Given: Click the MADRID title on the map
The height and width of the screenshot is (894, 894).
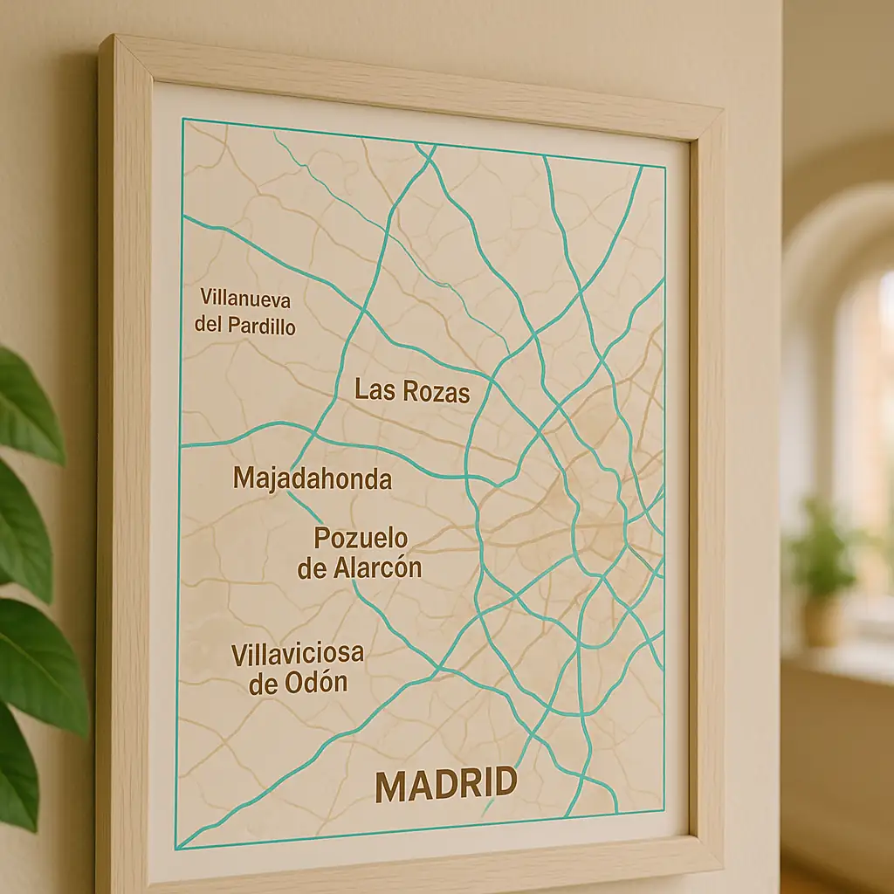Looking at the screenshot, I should click(x=445, y=785).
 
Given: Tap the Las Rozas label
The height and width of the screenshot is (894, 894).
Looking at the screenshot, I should click(x=412, y=391).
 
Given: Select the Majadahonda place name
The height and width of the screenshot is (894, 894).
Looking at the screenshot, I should click(x=313, y=478).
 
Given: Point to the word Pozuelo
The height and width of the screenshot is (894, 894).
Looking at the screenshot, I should click(x=361, y=538).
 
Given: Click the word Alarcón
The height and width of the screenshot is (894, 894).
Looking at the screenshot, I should click(x=377, y=568).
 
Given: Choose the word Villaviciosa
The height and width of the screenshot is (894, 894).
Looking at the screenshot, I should click(x=298, y=653).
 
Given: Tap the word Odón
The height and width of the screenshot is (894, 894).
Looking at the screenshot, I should click(x=316, y=683).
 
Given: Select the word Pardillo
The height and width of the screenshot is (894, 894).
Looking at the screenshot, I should click(x=260, y=327).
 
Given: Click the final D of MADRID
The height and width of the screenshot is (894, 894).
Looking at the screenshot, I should click(x=504, y=782).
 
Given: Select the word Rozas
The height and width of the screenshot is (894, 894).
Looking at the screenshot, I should click(x=436, y=393).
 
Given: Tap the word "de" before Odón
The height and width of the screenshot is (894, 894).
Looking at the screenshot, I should click(x=264, y=684).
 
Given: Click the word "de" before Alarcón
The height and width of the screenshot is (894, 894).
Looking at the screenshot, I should click(x=313, y=569).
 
